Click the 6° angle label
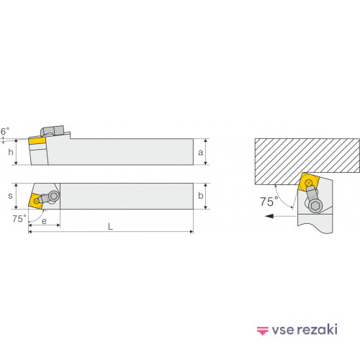click(x=5, y=131)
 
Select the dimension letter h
click(x=11, y=152)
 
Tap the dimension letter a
click(x=200, y=153)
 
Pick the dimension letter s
click(x=10, y=196)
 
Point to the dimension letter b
click(x=201, y=196)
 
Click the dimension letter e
click(x=44, y=221)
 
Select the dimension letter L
click(x=110, y=226)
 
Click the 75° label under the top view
click(x=19, y=219)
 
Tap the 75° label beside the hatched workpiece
click(x=269, y=202)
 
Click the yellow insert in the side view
click(x=37, y=140)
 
